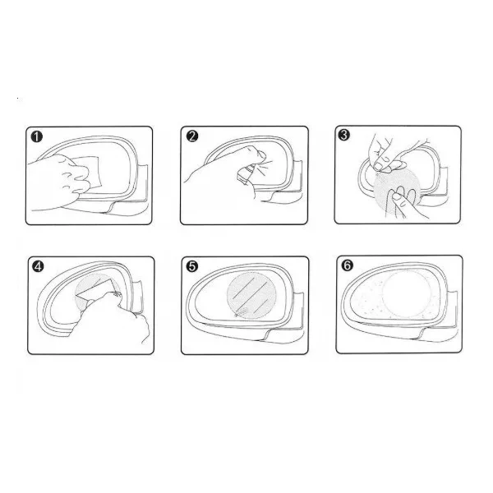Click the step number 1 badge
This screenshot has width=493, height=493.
(x=37, y=136)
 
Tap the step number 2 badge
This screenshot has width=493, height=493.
(x=192, y=136)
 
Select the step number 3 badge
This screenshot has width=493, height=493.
(x=344, y=135)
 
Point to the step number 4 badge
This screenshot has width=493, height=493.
(x=38, y=266)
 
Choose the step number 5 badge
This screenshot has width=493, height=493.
(x=192, y=266)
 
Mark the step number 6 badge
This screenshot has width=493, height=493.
(x=347, y=265)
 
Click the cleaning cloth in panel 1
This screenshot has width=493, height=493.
(x=89, y=172)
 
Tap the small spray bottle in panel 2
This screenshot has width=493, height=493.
(x=246, y=174)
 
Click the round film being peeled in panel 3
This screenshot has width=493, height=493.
(x=397, y=191)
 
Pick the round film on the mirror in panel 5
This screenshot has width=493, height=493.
(x=251, y=295)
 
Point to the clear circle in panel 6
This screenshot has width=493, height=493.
(x=407, y=294)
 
